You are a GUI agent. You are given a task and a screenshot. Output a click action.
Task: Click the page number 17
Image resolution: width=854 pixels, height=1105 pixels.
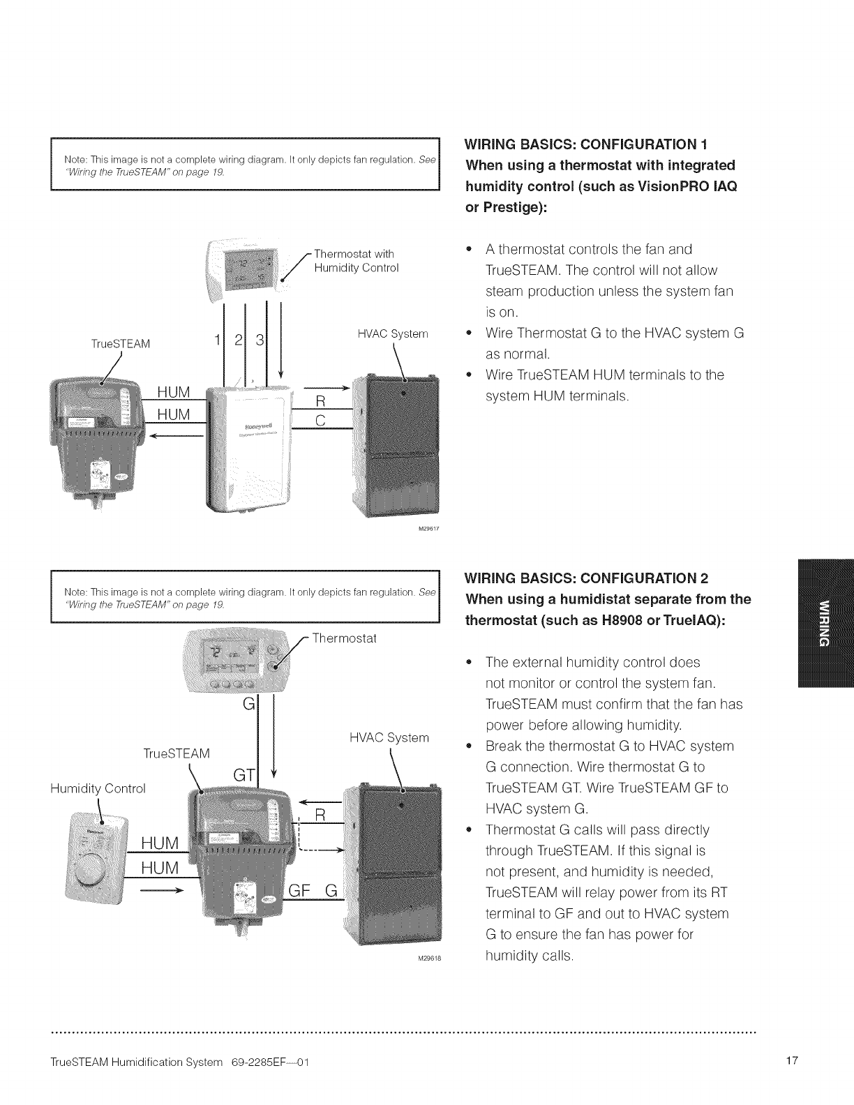click(x=791, y=1062)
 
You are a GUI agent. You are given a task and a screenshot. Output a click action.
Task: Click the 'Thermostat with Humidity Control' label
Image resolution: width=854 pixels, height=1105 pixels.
click(x=355, y=260)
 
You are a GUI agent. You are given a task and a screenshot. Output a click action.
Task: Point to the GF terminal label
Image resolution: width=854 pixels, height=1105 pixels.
click(x=299, y=891)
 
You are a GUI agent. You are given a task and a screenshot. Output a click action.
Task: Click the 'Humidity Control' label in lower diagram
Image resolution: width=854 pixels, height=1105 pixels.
click(x=98, y=788)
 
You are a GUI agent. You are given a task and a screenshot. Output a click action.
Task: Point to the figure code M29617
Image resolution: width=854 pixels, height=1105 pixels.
click(x=427, y=528)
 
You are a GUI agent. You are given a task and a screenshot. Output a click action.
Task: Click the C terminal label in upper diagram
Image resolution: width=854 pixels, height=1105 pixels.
click(x=321, y=421)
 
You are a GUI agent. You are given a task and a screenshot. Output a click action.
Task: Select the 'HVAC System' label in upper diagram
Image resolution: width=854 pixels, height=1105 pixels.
click(x=392, y=333)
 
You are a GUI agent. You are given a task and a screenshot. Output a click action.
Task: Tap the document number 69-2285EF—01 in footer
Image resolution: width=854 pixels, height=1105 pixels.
click(x=269, y=1062)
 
